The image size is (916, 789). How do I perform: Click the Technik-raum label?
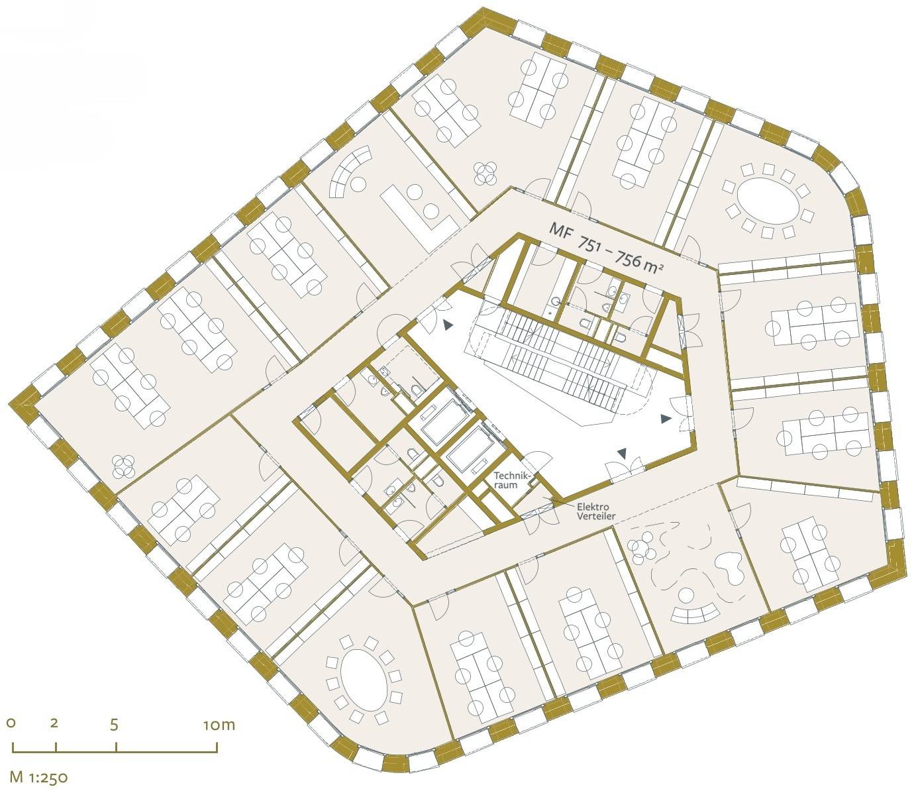coord(512,480)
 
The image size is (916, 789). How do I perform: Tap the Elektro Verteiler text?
coord(595,511)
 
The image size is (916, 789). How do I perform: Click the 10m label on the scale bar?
coord(219,725)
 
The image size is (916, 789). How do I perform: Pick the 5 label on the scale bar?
coord(115,725)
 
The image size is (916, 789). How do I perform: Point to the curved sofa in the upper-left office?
coord(350,174)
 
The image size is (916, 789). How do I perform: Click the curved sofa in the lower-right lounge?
coord(693,613)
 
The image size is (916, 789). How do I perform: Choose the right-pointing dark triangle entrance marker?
coord(665,419)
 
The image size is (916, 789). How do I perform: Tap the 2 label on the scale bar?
coord(54,723)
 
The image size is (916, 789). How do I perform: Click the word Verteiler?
coord(595,517)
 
